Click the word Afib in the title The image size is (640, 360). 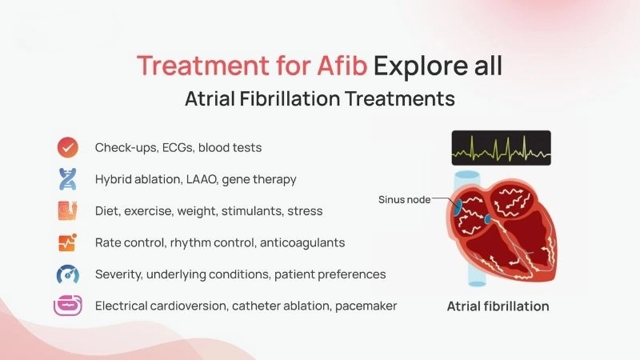tap(339, 66)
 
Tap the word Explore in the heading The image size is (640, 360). tap(414, 66)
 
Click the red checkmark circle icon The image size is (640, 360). tap(67, 148)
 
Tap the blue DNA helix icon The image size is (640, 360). tap(67, 179)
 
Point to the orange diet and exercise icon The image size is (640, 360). tap(67, 211)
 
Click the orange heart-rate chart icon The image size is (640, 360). tap(67, 242)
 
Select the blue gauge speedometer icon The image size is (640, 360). tap(67, 274)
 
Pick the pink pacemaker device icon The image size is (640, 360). tap(67, 306)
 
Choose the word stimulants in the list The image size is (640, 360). tap(246, 211)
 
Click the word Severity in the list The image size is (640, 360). tap(119, 274)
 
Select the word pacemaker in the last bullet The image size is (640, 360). tap(367, 306)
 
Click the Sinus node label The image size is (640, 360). tap(403, 199)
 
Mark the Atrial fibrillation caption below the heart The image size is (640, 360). tap(498, 306)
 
